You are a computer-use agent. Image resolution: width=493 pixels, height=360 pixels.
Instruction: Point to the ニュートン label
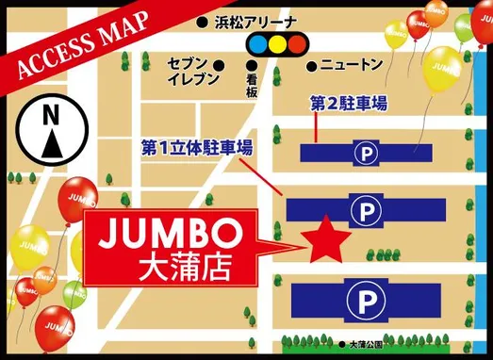tap(351, 65)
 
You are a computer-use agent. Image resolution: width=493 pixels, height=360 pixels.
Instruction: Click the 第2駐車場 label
tap(348, 104)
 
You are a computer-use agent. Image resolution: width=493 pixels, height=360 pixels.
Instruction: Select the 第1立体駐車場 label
tap(196, 148)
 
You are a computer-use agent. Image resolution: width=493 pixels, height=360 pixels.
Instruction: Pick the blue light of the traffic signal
tap(255, 43)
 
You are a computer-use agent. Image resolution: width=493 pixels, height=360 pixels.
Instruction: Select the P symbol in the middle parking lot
tap(363, 208)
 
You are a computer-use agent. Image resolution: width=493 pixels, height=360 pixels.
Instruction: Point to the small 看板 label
tap(252, 82)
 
